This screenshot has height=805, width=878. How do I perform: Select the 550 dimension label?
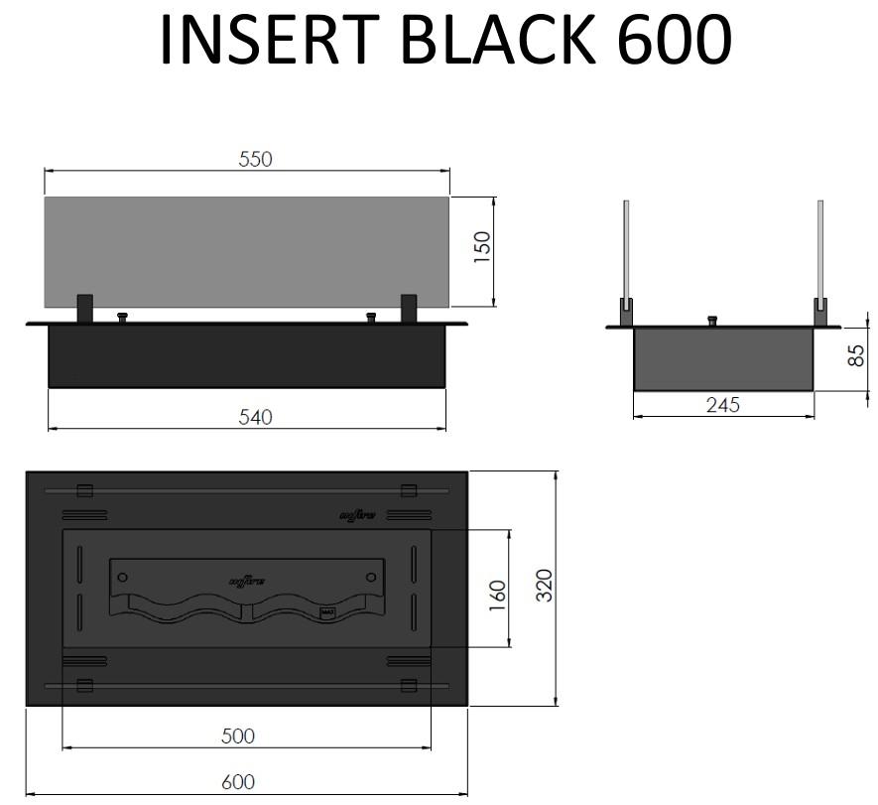pos(255,159)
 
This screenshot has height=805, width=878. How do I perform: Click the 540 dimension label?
pos(255,418)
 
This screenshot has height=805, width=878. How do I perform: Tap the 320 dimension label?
pos(544,587)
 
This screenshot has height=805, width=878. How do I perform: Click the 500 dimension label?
pos(238,736)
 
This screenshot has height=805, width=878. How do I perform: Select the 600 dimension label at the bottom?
pos(238,782)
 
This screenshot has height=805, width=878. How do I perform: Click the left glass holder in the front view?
pos(84,308)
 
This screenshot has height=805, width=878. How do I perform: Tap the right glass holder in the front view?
pos(408,308)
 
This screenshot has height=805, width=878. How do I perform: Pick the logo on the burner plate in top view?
pos(247,581)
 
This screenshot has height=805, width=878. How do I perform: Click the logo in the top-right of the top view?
pos(357,515)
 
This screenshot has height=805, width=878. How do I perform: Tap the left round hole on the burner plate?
pos(121,577)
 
